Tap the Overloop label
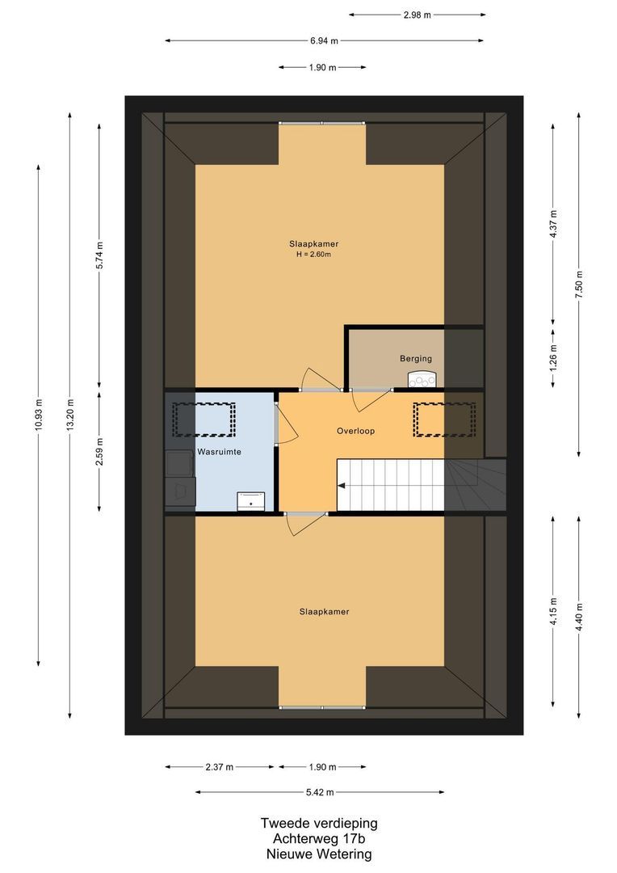tap(356, 431)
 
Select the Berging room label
tap(416, 358)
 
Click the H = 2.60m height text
tap(314, 255)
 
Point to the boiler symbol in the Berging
tap(422, 380)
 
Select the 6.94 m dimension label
tap(324, 40)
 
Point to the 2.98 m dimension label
tap(418, 14)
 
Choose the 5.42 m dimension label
tap(320, 792)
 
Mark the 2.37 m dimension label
tap(219, 766)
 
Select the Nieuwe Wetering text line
tap(318, 854)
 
